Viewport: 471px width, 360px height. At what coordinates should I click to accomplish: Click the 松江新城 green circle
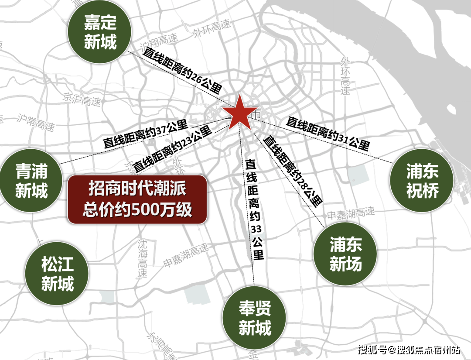pyautogui.click(x=57, y=274)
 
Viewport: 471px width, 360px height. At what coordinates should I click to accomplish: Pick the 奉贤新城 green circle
pyautogui.click(x=255, y=318)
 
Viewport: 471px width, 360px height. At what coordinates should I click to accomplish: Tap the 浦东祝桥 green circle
pyautogui.click(x=422, y=181)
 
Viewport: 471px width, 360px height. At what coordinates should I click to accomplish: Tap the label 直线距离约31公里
pyautogui.click(x=328, y=134)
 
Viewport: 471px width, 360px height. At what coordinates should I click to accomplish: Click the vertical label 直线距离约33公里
pyautogui.click(x=255, y=209)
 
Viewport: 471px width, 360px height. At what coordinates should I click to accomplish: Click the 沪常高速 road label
pyautogui.click(x=36, y=123)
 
